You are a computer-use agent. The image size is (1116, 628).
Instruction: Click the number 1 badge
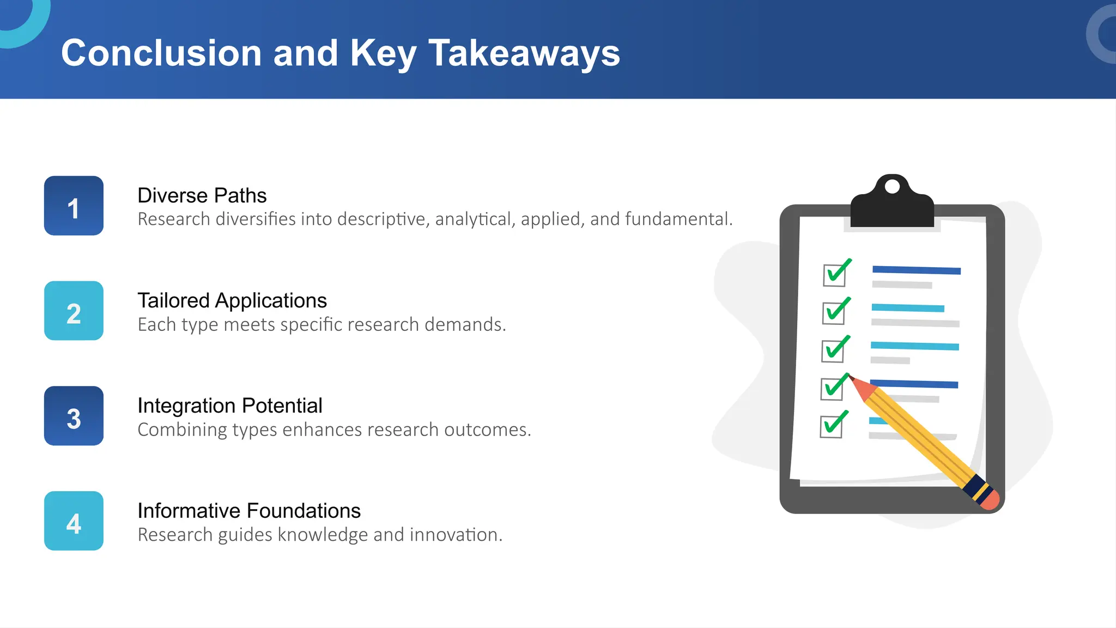(74, 206)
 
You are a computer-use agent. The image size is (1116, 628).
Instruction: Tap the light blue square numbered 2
(74, 311)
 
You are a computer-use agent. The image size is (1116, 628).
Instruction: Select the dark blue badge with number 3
(74, 416)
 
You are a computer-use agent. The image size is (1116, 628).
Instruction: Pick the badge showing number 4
(74, 521)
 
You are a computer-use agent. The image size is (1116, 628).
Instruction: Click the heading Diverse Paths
(202, 195)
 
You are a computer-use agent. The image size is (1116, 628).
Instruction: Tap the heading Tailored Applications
(232, 300)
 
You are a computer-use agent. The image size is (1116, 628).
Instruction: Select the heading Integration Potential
(229, 406)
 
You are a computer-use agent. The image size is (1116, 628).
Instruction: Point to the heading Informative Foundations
(248, 511)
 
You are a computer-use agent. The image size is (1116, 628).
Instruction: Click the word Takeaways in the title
(524, 53)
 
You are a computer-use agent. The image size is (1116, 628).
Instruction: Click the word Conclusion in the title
(161, 53)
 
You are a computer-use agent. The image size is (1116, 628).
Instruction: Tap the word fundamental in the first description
(677, 219)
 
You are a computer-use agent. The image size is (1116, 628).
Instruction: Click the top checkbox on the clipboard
(834, 275)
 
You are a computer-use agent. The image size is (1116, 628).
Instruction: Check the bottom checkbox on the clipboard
(831, 427)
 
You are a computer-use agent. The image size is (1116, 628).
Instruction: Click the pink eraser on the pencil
(990, 500)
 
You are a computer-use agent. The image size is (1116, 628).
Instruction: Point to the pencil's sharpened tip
(851, 377)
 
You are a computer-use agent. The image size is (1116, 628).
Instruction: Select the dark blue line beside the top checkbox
(916, 270)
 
